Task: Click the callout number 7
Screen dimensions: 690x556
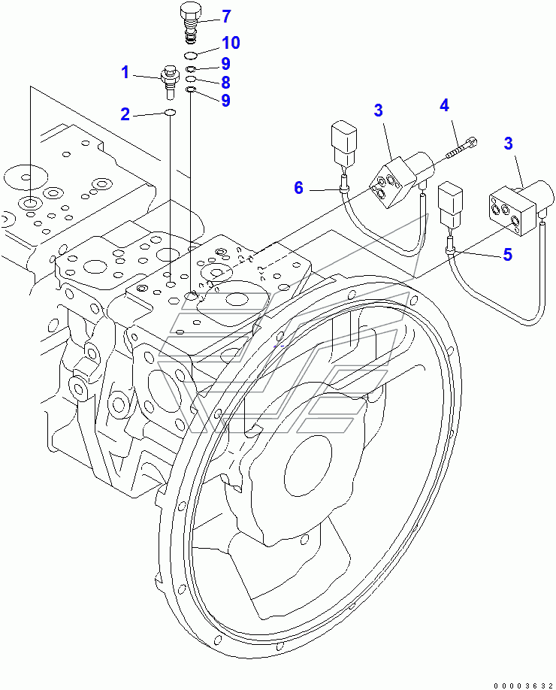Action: [x=225, y=16]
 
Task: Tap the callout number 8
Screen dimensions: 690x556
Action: [x=225, y=82]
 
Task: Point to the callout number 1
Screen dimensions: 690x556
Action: [x=126, y=73]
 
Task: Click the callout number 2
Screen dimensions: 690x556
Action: [x=125, y=114]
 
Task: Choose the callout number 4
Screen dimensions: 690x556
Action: [x=444, y=105]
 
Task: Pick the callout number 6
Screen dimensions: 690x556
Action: [x=298, y=187]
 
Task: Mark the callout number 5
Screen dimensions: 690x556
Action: [x=507, y=255]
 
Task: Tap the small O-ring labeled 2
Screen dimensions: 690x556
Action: [x=171, y=113]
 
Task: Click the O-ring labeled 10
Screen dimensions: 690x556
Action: [x=191, y=56]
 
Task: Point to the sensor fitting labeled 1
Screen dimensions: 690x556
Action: [x=169, y=81]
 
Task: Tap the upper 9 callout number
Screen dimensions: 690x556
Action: [x=225, y=64]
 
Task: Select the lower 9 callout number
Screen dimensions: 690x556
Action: [x=225, y=100]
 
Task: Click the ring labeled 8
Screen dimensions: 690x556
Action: [x=191, y=80]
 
